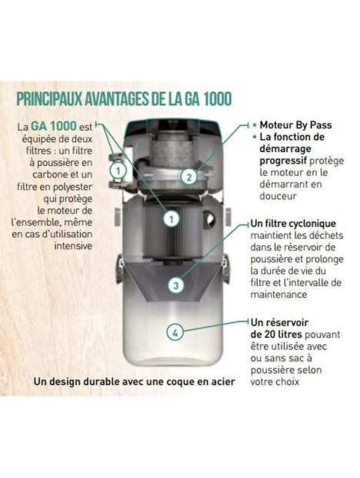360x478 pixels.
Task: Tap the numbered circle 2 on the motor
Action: coord(188,177)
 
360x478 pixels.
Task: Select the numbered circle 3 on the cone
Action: coord(176,286)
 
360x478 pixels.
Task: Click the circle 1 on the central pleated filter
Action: coord(172,218)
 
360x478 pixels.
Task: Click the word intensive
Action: coord(74,246)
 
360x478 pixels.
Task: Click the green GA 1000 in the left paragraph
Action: coord(51,124)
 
